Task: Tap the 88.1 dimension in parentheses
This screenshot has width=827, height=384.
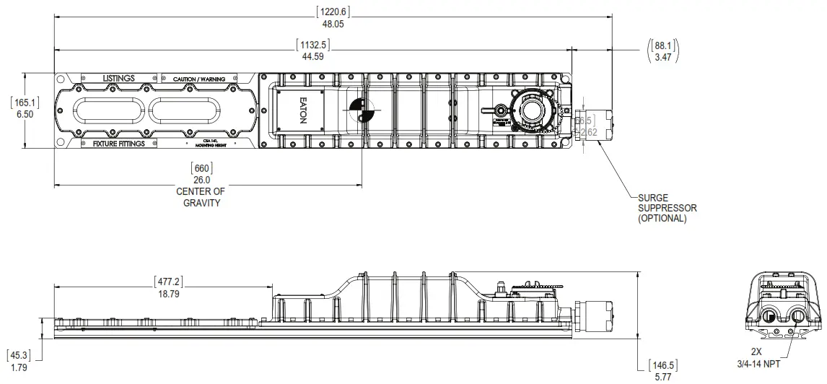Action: pos(662,45)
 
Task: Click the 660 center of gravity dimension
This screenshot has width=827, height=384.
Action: pos(201,168)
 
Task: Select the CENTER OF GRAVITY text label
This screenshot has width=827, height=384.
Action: pos(201,197)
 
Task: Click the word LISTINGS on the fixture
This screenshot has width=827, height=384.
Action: pos(118,78)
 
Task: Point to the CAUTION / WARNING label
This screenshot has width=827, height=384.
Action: pos(199,78)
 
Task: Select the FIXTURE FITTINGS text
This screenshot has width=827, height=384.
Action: pos(118,144)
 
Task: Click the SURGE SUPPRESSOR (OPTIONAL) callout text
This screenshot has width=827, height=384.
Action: pos(668,207)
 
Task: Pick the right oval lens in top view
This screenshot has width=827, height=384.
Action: pos(184,110)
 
